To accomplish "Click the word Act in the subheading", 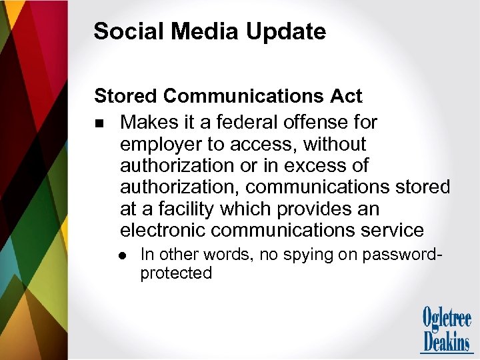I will (x=346, y=96).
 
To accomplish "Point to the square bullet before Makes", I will (x=99, y=123).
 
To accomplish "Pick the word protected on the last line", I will (x=176, y=273).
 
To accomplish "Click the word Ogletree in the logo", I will (x=447, y=318).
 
